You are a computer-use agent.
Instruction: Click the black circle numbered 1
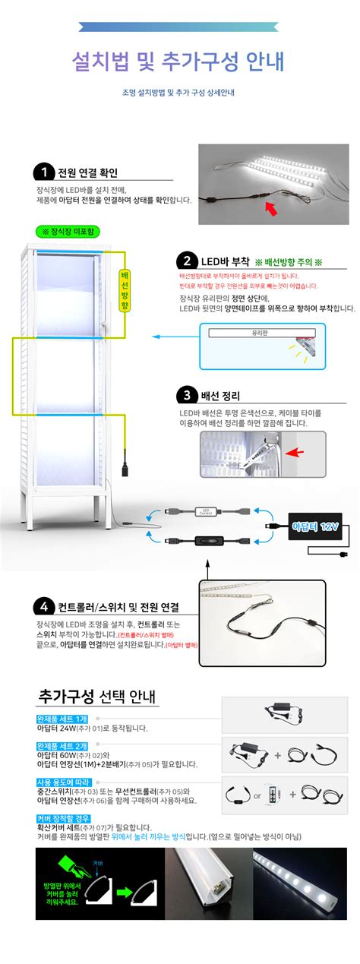click(x=43, y=172)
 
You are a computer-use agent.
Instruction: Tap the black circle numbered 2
click(x=186, y=260)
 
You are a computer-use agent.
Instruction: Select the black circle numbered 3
click(x=186, y=395)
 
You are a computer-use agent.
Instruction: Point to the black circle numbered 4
click(x=43, y=607)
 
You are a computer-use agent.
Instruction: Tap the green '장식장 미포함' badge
click(x=68, y=230)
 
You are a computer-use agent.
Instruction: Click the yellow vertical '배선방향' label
click(x=125, y=289)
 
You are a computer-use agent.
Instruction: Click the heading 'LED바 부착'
click(x=226, y=261)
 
